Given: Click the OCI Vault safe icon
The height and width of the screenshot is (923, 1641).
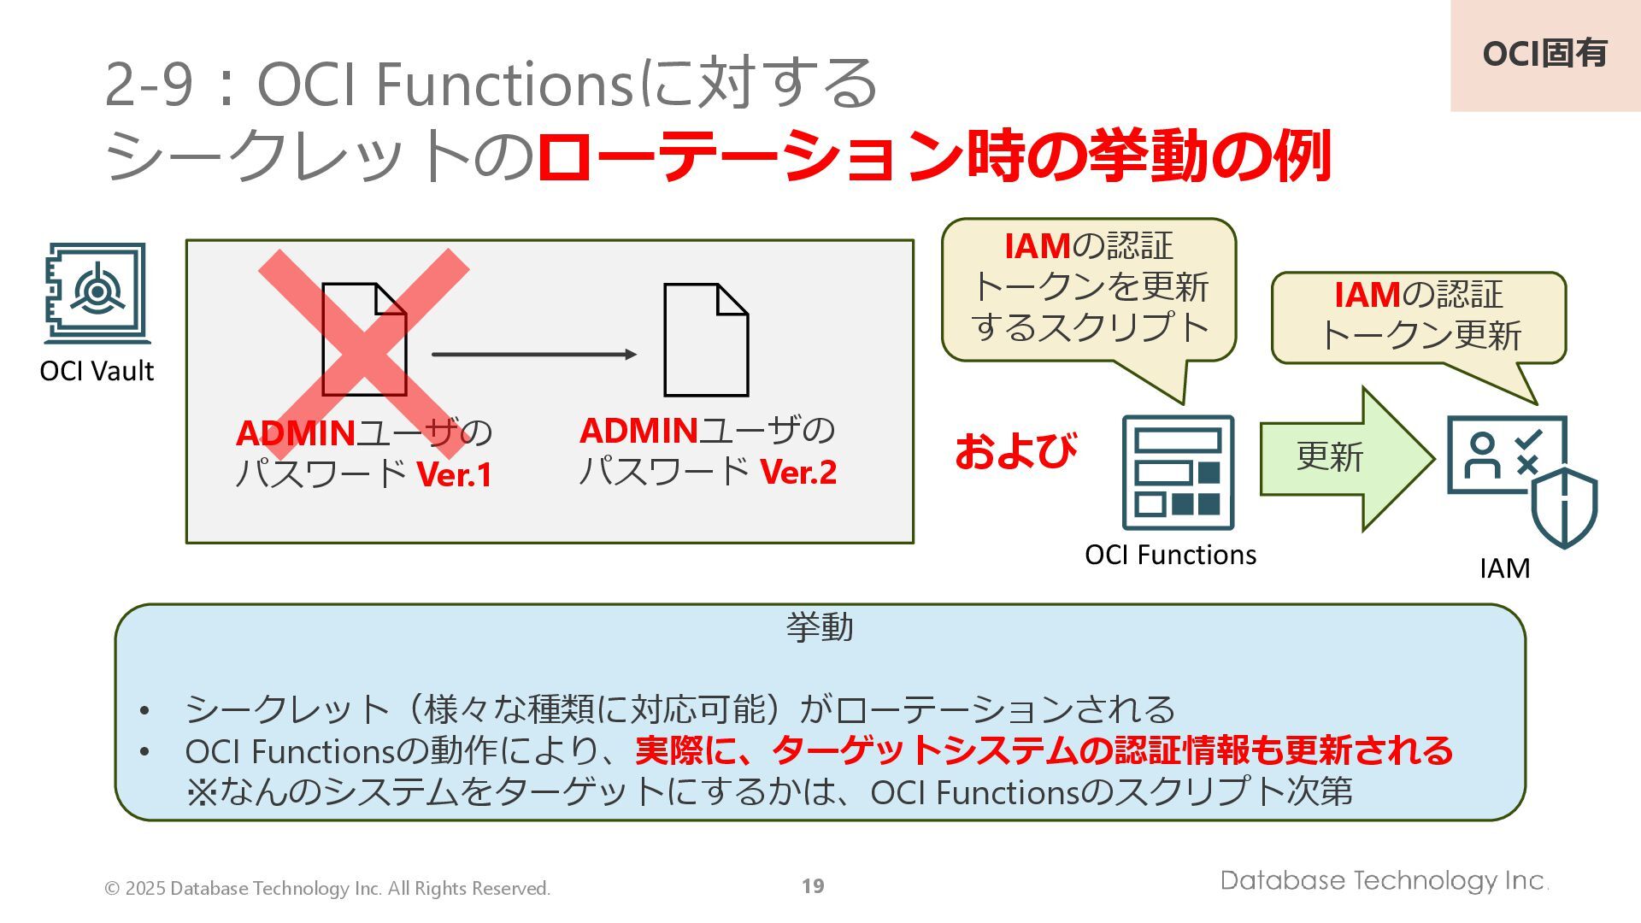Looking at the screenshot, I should (x=97, y=292).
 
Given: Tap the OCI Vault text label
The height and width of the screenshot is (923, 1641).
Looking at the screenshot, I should (x=97, y=371).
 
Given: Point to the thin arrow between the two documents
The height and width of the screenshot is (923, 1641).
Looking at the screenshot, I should (x=534, y=354).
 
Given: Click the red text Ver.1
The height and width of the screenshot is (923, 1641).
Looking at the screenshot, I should (x=455, y=475).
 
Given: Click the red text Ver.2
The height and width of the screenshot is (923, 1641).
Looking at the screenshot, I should (x=798, y=473).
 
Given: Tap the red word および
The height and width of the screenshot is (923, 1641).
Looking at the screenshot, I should (x=1015, y=451).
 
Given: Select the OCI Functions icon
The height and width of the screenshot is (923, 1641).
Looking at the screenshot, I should (x=1178, y=473).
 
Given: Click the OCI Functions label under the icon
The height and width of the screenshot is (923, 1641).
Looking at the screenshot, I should (x=1170, y=555).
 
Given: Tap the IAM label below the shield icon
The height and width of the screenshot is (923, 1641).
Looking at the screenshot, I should (x=1504, y=568).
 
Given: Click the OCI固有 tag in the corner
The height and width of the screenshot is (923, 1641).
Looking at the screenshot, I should (x=1544, y=54).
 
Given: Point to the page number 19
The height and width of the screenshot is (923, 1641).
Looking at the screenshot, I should (x=813, y=886).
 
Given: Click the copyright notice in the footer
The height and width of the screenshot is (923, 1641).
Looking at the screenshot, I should (x=327, y=889).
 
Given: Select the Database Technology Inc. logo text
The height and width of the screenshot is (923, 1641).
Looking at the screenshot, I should (x=1384, y=880).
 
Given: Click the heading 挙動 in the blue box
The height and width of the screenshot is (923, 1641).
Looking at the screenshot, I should (x=820, y=627).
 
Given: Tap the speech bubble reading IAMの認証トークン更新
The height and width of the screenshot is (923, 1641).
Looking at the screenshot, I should (x=1419, y=316).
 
